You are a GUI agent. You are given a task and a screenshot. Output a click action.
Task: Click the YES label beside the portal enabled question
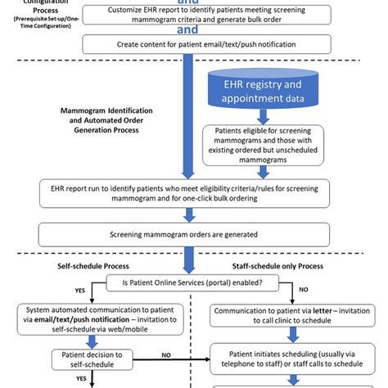click(80, 290)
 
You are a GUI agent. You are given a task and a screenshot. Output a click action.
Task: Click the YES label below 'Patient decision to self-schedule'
click(81, 378)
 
